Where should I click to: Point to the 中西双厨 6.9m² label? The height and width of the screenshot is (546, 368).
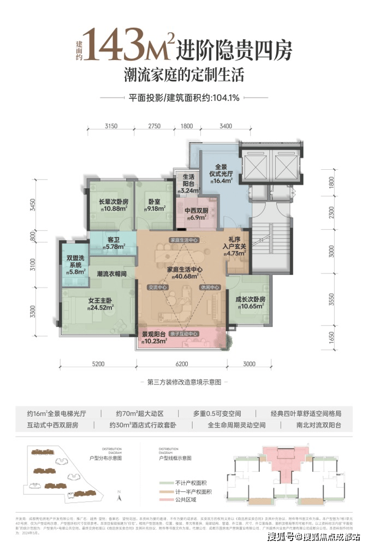196,214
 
